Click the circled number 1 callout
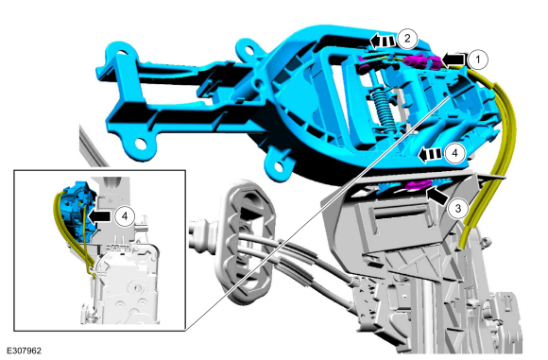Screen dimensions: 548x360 tap(477, 60)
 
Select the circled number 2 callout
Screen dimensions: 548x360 tap(407, 39)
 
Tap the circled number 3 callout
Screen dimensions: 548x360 tap(458, 209)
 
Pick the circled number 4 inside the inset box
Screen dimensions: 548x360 tap(125, 216)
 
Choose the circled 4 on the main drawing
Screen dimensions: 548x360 tap(454, 153)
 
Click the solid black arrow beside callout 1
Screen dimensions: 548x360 tap(454, 60)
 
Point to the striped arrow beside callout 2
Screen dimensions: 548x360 tap(383, 42)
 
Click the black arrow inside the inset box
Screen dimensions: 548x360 tap(98, 216)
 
